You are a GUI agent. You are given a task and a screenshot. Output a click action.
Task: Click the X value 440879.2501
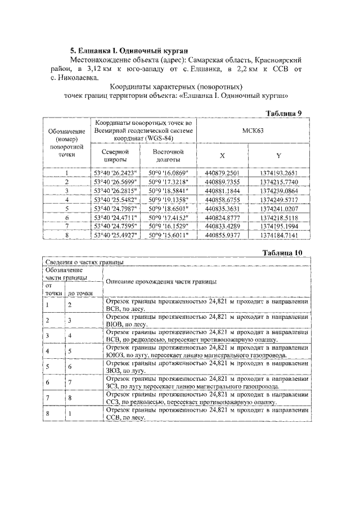coord(223,173)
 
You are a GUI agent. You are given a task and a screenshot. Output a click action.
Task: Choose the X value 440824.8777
coord(223,217)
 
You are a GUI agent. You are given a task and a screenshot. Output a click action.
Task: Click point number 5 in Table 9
coord(66,208)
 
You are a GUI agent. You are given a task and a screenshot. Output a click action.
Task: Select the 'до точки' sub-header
coord(81,293)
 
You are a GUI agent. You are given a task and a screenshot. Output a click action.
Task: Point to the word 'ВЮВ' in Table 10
coord(115,325)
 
